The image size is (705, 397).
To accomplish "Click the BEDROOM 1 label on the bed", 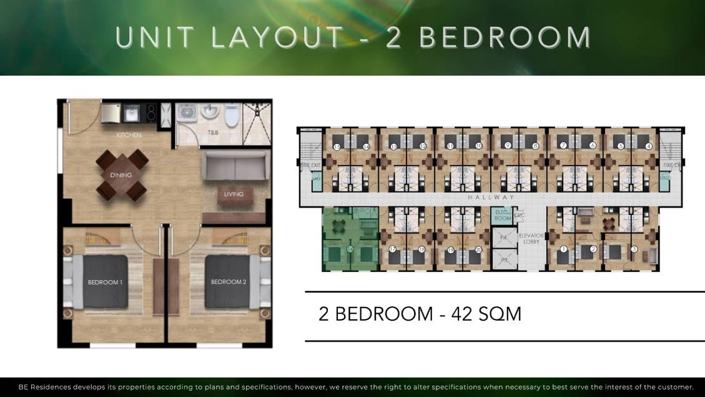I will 104,281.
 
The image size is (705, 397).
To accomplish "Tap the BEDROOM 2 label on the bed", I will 229,281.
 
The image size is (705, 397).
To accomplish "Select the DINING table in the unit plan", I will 121,174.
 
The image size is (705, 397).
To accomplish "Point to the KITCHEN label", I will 129,135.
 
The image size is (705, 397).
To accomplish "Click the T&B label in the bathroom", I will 213,133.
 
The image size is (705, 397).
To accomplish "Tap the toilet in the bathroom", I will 232,114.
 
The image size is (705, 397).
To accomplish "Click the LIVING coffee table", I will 234,194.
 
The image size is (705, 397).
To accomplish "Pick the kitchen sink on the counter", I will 132,113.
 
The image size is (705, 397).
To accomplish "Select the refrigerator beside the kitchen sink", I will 111,113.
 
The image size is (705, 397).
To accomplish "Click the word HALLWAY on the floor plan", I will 491,198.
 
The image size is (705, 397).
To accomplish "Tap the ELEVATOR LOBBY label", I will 531,239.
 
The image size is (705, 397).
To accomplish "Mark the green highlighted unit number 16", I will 350,249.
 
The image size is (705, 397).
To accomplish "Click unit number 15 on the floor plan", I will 337,147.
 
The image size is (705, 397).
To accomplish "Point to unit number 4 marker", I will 649,146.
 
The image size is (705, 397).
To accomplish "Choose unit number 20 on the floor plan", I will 478,249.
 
